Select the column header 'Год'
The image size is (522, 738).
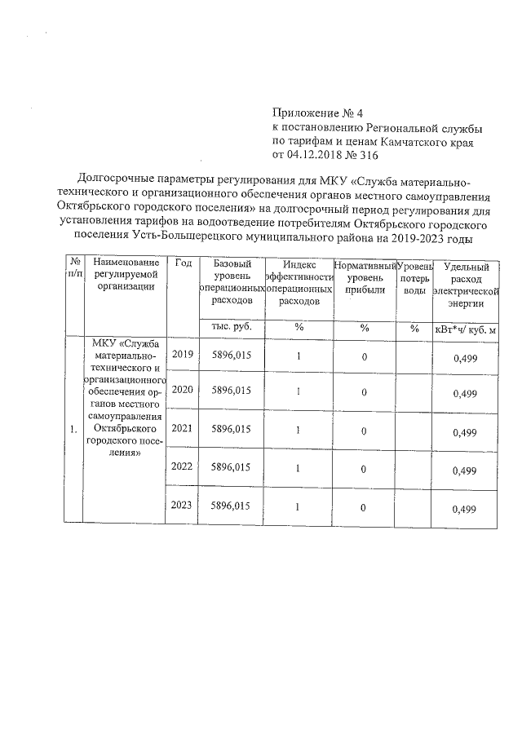click(184, 263)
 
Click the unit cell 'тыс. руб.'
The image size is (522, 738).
click(231, 327)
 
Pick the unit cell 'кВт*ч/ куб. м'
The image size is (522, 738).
click(466, 329)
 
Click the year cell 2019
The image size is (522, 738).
click(183, 355)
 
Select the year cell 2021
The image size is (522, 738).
click(183, 429)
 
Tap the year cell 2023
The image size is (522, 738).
click(183, 506)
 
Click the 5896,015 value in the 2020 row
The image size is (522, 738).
click(230, 391)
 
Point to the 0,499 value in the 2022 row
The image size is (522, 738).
click(464, 471)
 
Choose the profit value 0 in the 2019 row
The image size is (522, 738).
click(365, 356)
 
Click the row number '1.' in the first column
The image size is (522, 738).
click(73, 429)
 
